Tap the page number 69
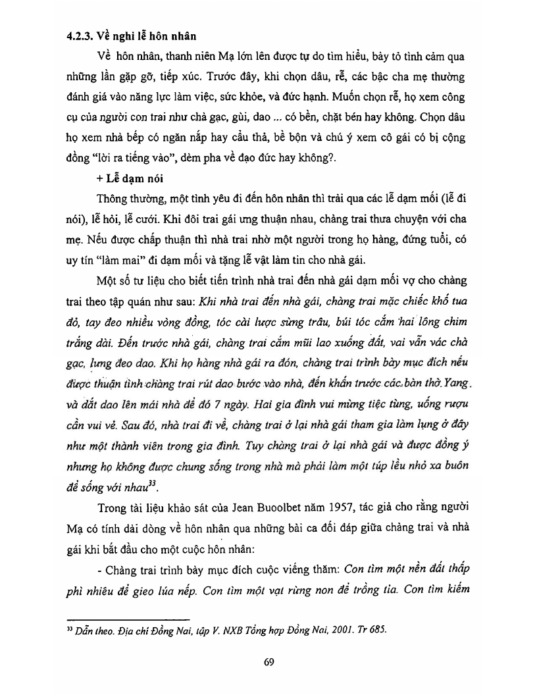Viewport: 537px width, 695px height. [268, 662]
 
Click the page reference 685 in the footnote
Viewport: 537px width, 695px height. [377, 629]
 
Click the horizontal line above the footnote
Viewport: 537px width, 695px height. [129, 618]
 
